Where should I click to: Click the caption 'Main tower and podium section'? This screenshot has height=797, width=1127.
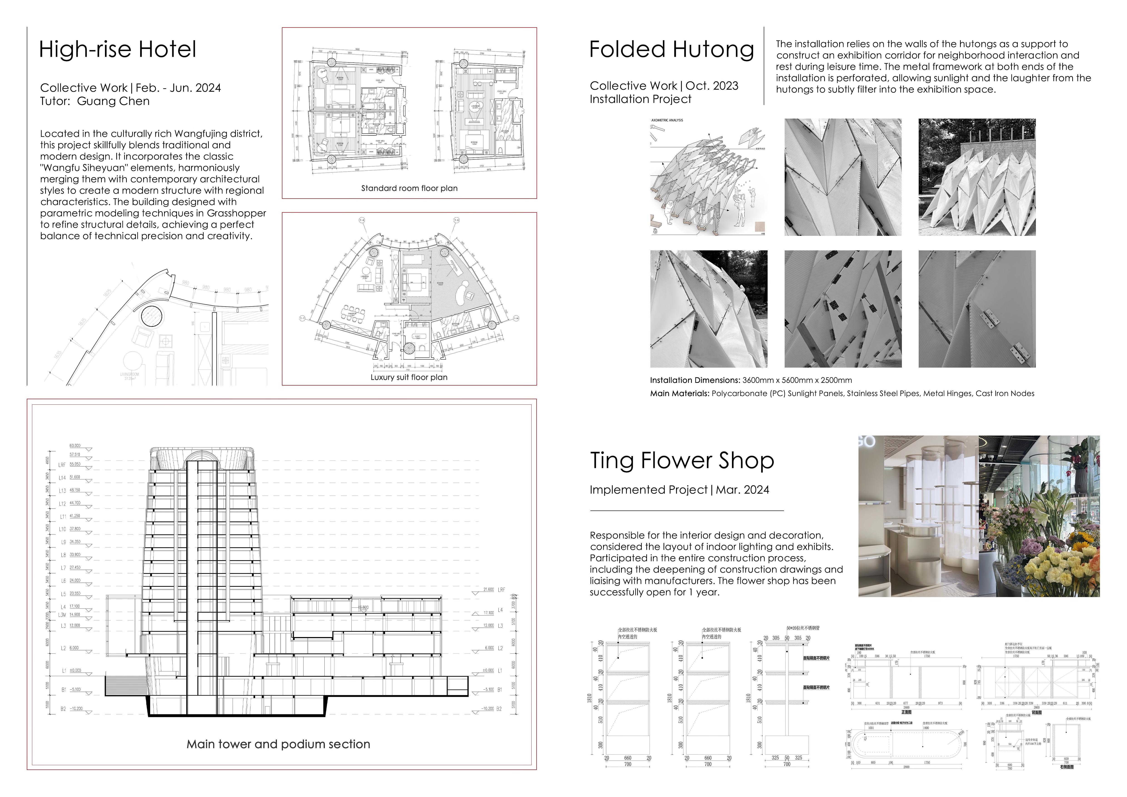coord(278,744)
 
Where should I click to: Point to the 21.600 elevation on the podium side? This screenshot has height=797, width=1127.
coord(488,589)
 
